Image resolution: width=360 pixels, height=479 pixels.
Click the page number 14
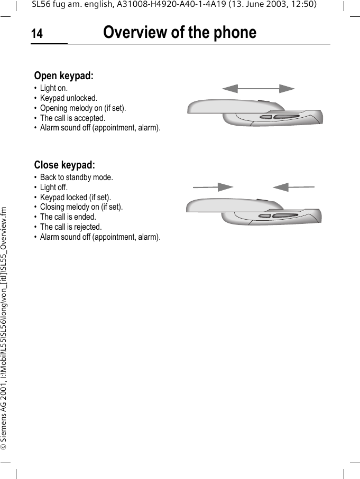36,34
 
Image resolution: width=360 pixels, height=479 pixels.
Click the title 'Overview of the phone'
180,33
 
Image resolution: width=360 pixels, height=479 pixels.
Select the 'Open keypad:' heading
64,76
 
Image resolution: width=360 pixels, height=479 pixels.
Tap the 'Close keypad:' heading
64,165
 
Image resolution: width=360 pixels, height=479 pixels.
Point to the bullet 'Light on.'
54,88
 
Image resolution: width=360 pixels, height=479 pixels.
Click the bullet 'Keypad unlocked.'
69,98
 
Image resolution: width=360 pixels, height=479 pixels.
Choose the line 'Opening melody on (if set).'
83,108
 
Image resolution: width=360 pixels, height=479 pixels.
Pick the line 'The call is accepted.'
73,118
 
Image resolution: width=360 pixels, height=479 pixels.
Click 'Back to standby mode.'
77,177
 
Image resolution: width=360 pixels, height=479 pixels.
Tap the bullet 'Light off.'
54,187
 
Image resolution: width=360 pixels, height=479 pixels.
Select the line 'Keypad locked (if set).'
76,198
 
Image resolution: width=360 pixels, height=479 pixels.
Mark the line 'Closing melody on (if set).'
81,207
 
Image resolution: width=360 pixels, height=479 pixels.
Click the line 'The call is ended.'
68,217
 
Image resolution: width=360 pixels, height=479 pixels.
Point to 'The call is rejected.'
71,227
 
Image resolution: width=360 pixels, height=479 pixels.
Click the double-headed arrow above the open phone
258,88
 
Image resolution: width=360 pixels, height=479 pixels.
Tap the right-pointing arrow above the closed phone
213,187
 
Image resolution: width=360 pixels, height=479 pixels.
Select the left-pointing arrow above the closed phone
294,187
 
